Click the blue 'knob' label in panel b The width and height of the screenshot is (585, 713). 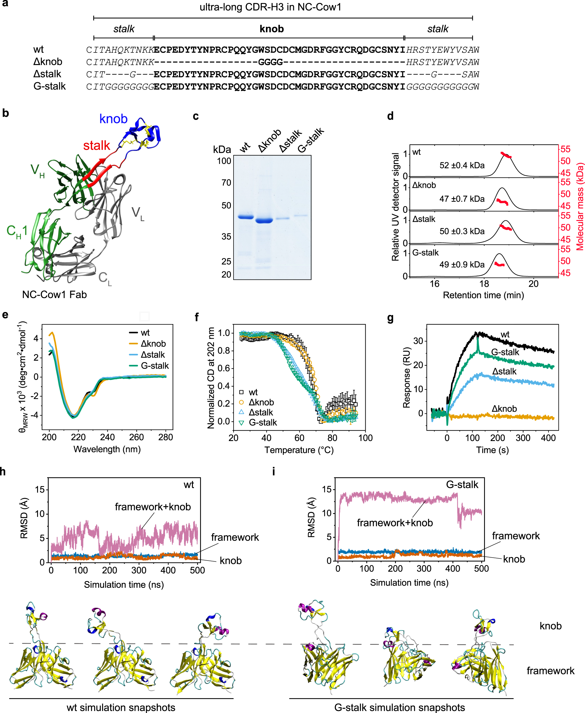point(113,119)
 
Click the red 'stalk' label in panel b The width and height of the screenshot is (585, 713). point(96,146)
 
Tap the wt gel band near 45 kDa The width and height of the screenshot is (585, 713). point(246,217)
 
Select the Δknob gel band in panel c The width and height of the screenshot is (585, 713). point(264,221)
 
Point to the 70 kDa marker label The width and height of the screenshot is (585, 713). point(226,183)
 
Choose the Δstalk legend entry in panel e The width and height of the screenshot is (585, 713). point(153,355)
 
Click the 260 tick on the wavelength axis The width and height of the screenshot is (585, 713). point(137,437)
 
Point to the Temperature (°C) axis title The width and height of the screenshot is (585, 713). point(299,450)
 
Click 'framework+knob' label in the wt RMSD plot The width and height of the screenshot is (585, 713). point(153,507)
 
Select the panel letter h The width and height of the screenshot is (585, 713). point(3,471)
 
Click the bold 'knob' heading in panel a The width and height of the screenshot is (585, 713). point(272,29)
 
